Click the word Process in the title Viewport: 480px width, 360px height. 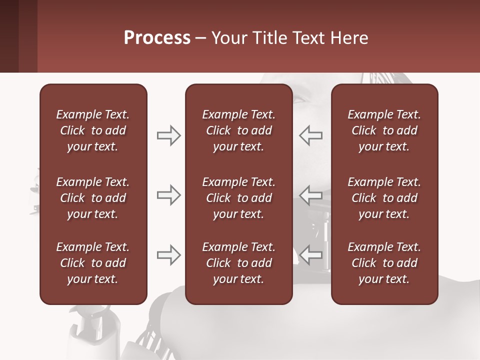point(157,38)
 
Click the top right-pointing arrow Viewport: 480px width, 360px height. point(168,135)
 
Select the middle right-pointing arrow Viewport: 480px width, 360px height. point(168,195)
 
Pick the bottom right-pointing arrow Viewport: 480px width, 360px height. point(168,255)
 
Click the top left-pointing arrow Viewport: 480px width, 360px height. point(311,135)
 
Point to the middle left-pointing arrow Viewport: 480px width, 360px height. point(311,195)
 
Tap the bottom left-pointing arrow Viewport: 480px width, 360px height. point(311,255)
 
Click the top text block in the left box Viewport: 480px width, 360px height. point(93,130)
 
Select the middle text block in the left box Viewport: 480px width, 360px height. point(93,198)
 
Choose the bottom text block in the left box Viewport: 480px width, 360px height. point(93,263)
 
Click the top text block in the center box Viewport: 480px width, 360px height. point(238,130)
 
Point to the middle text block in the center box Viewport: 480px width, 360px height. point(238,198)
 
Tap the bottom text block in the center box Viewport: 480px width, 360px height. point(238,263)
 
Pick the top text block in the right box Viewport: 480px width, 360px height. point(384,130)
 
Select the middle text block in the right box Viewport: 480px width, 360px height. point(384,198)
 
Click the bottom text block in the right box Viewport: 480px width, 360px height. point(384,263)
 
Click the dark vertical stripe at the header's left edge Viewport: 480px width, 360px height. point(9,36)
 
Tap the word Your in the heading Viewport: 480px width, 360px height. point(229,38)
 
